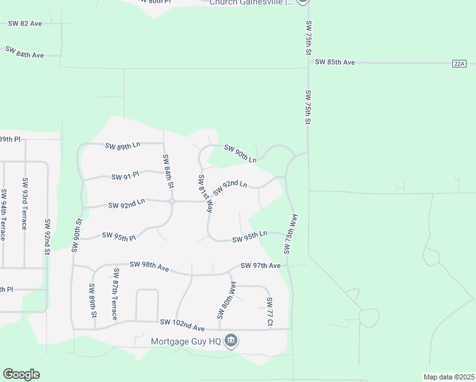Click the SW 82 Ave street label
coord(25,24)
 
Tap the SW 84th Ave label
coord(25,52)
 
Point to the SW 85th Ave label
coord(335,62)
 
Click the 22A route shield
coord(460,63)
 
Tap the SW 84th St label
coord(168,171)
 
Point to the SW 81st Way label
coord(205,193)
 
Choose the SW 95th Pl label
coord(120,236)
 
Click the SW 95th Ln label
coord(249,239)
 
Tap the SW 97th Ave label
coord(260,265)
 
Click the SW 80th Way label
coord(227,301)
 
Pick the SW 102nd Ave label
coord(182,325)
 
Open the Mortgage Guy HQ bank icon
coord(232,341)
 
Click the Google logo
coord(21,374)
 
